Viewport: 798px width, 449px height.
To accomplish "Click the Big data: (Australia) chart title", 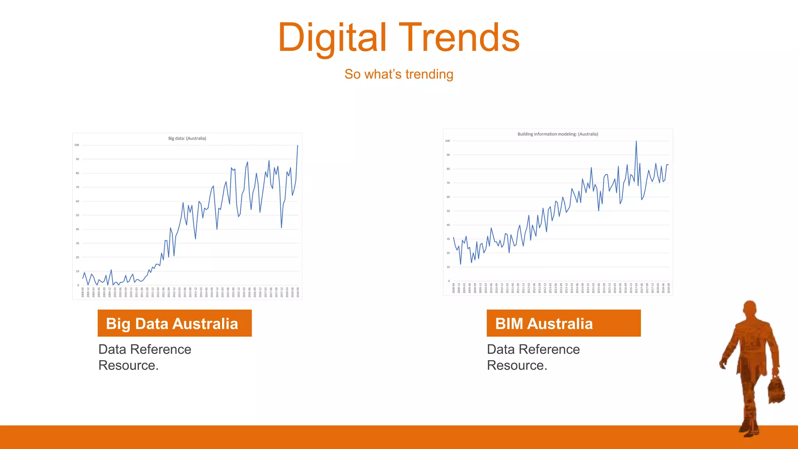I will click(187, 138).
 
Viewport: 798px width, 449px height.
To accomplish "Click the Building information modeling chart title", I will click(558, 134).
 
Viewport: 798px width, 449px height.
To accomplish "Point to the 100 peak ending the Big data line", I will click(298, 146).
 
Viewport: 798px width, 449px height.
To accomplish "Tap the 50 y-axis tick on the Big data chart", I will click(77, 215).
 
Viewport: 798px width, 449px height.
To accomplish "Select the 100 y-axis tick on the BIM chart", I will click(447, 141).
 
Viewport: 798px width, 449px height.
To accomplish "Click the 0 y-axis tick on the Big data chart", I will click(78, 285).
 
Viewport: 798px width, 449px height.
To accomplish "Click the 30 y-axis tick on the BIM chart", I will click(448, 239).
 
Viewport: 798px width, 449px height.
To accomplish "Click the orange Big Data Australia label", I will click(175, 323).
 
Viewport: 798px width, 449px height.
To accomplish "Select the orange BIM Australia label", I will click(563, 323).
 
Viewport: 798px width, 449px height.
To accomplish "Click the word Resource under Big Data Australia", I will click(127, 366).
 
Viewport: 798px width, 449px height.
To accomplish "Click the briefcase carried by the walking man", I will click(776, 391).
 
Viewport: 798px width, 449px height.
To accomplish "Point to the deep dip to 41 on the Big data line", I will click(281, 227).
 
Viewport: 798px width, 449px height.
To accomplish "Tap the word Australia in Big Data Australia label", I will click(205, 324).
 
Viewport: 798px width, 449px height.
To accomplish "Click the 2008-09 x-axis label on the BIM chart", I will click(454, 288).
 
